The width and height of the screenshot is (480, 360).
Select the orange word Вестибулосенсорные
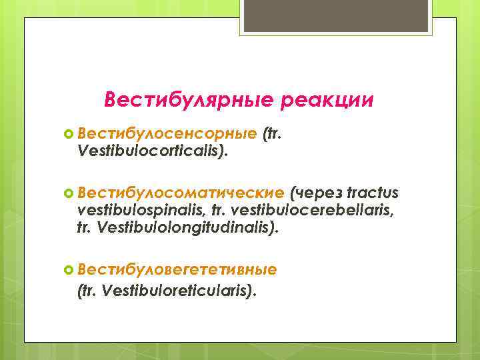[167, 135]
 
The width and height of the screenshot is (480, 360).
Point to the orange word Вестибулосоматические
[181, 193]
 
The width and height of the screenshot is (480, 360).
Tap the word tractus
[373, 193]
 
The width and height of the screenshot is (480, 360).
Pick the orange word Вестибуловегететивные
[177, 269]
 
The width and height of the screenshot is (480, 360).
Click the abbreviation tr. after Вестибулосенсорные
[275, 135]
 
